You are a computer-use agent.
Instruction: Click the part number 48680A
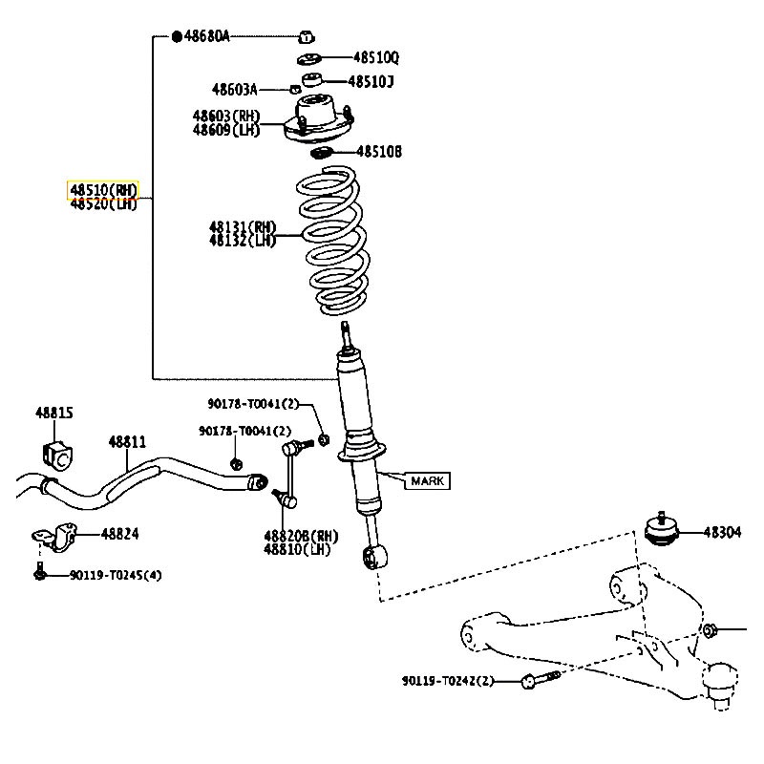(206, 36)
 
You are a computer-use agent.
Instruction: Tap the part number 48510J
(370, 82)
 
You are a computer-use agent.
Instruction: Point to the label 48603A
(235, 90)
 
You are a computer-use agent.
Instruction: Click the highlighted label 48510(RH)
(103, 188)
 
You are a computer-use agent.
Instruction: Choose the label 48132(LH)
(243, 241)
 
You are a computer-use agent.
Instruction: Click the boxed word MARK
(427, 481)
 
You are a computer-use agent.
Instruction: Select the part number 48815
(54, 414)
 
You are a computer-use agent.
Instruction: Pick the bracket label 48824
(121, 534)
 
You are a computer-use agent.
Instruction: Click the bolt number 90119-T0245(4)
(116, 575)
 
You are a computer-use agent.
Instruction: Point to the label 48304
(723, 532)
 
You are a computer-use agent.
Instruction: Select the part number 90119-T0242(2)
(448, 681)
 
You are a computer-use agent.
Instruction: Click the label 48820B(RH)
(302, 536)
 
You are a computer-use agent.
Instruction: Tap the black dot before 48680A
(176, 36)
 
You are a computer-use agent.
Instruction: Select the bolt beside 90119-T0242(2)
(539, 680)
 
